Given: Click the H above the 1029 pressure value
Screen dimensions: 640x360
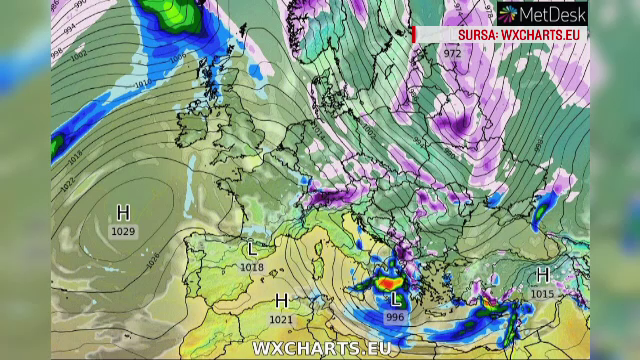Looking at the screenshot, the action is click(x=124, y=213).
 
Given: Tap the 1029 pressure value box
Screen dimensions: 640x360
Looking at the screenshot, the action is click(x=124, y=231).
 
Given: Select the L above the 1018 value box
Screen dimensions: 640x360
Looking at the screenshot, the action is click(x=253, y=249).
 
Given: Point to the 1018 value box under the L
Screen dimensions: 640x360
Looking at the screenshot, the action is click(x=253, y=267).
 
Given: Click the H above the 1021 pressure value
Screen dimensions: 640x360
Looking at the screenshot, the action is click(x=282, y=301).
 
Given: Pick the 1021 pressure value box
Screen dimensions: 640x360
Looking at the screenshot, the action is click(x=282, y=319).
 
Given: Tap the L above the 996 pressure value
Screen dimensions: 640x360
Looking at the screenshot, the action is click(x=396, y=299).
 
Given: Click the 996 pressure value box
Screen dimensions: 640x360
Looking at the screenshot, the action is click(x=396, y=317).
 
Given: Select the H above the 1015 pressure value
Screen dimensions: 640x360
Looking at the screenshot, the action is click(x=543, y=274).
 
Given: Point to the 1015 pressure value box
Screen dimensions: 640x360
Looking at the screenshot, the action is click(x=543, y=293).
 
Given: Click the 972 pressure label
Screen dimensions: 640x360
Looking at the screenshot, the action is click(x=453, y=52).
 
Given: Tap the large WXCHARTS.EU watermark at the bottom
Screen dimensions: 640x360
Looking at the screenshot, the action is click(x=320, y=348).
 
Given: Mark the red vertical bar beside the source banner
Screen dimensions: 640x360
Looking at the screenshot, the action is click(x=413, y=34).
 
